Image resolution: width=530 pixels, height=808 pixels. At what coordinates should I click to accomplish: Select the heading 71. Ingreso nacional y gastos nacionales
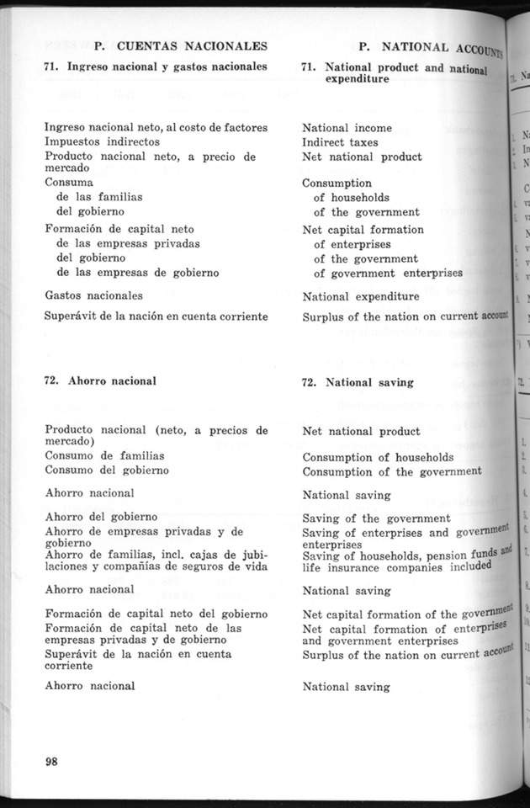tap(156, 65)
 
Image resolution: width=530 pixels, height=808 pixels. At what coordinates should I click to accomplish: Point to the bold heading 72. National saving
tap(358, 382)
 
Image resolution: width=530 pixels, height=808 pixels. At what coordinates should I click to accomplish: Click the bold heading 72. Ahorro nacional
tap(100, 380)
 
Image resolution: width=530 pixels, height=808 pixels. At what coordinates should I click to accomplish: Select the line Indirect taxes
tap(340, 143)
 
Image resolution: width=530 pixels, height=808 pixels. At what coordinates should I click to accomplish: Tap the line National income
tap(347, 129)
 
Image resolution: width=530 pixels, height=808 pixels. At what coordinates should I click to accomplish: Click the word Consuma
tap(69, 182)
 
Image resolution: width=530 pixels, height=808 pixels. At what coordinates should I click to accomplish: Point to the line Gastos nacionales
tap(93, 295)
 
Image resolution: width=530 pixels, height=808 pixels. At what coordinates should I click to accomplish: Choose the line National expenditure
tap(360, 296)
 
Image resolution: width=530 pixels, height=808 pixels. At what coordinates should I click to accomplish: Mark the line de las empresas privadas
tap(126, 243)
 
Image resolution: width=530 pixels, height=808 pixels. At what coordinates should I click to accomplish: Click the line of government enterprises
tap(388, 274)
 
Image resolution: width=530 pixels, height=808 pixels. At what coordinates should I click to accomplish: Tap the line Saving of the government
tap(376, 518)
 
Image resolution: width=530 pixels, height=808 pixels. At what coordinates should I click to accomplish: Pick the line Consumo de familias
tap(104, 455)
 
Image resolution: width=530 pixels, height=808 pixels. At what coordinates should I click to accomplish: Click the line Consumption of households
tap(378, 457)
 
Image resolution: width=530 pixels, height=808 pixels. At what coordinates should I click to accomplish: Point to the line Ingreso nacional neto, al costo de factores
tap(156, 127)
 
